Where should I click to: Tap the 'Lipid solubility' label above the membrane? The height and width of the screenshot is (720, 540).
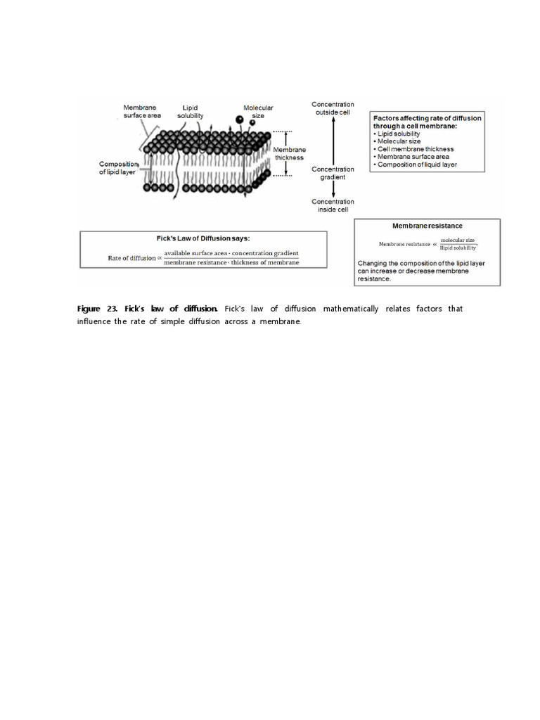[x=191, y=111]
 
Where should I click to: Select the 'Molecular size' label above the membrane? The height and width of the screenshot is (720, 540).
[x=258, y=111]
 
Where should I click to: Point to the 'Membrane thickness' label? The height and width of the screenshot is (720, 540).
[x=289, y=153]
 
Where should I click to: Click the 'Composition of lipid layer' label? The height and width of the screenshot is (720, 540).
[x=117, y=167]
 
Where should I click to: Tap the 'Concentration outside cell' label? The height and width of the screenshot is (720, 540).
[x=333, y=108]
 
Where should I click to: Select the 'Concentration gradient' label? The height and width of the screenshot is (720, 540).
[x=333, y=173]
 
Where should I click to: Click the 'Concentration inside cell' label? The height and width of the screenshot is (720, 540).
[x=333, y=205]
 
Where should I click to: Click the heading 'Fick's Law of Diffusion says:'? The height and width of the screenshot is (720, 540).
[x=193, y=238]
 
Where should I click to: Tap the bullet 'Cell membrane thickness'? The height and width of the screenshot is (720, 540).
[x=416, y=149]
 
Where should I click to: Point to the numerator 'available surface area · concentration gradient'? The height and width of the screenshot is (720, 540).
[x=231, y=253]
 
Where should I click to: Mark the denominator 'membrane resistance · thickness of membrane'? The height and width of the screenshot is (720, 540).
[x=231, y=263]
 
